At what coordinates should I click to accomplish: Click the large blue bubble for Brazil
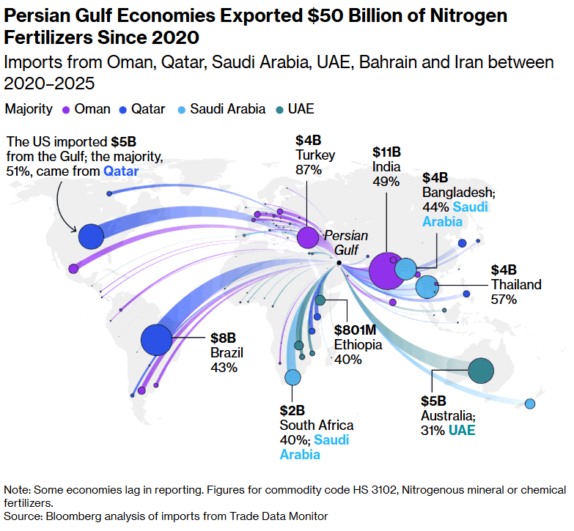156,340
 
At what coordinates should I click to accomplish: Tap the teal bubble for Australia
481,371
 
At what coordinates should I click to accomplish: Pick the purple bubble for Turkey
308,237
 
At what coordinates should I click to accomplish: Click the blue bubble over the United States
92,237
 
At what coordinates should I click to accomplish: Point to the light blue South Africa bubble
292,377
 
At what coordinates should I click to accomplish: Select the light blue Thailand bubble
426,287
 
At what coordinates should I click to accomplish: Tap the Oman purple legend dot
65,109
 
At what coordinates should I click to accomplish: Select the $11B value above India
386,153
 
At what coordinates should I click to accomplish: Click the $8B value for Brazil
222,338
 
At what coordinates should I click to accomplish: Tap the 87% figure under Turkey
309,170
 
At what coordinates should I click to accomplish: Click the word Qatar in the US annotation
121,171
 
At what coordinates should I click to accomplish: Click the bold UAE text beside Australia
462,430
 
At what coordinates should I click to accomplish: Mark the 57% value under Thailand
504,299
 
